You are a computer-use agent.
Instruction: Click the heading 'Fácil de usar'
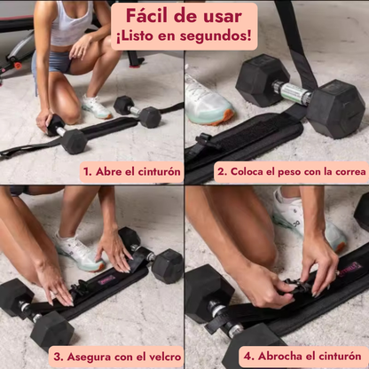[184, 16]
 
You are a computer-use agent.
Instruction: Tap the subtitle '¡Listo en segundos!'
[184, 37]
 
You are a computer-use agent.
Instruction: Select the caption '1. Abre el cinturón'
[131, 171]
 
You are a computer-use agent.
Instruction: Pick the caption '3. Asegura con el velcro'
[117, 357]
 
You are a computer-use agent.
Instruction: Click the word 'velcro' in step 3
[162, 357]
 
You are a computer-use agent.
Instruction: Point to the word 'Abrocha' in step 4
[279, 357]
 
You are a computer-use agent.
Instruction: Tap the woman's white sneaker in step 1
[96, 106]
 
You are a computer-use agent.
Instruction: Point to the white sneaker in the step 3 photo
[78, 252]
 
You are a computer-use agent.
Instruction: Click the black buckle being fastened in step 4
[297, 286]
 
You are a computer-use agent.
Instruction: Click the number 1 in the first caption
[87, 171]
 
